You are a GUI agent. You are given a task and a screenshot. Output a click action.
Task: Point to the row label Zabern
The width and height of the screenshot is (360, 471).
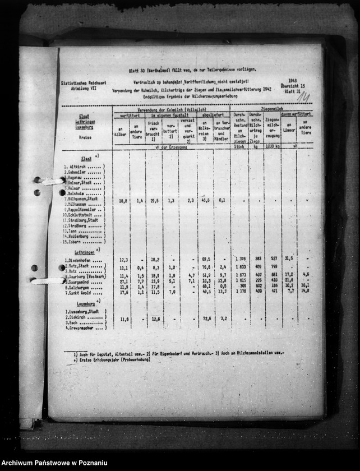pos(75,242)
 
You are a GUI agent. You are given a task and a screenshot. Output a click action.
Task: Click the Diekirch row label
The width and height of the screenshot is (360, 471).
pos(77,317)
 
